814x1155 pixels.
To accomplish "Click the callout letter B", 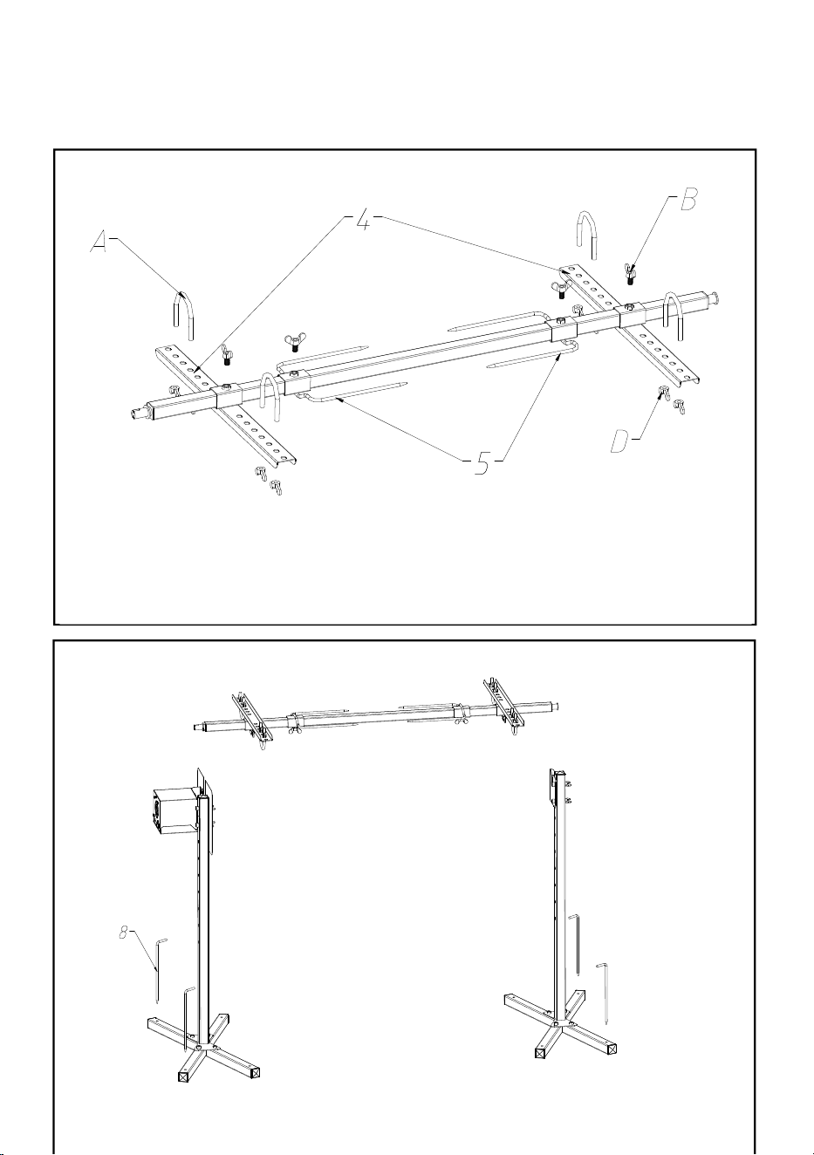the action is point(688,200).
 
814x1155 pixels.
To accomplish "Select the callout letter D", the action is point(620,442).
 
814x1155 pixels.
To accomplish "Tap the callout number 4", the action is point(364,220).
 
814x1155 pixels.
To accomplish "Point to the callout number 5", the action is point(482,463).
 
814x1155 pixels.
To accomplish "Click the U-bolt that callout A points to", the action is point(183,316).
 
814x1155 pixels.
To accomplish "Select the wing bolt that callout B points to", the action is point(629,273).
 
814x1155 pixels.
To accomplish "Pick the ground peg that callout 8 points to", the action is point(160,971).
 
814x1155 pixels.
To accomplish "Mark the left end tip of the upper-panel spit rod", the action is point(131,413).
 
